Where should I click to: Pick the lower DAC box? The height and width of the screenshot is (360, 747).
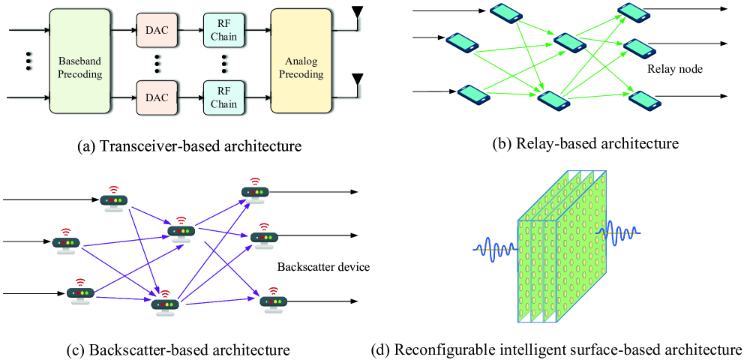[156, 97]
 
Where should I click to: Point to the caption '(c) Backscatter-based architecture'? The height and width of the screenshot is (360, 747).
[188, 349]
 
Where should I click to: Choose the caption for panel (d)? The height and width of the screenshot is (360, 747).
[556, 349]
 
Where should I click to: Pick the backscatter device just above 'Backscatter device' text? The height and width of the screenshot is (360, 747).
[265, 234]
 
